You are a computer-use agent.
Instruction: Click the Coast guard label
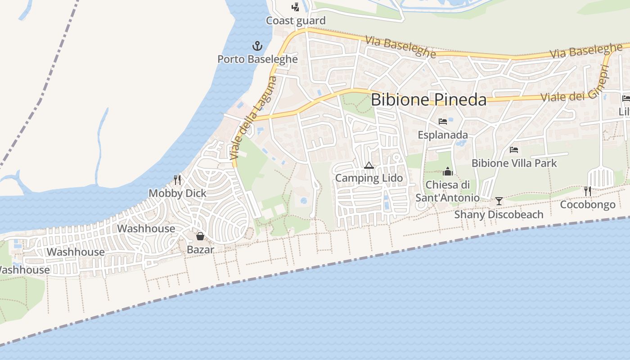[x=296, y=21]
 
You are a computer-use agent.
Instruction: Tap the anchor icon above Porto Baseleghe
[x=257, y=46]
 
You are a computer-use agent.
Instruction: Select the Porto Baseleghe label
[x=257, y=59]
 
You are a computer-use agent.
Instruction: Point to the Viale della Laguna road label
[x=253, y=118]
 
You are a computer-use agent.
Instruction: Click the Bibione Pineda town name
[x=428, y=100]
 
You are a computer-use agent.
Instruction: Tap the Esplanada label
[x=443, y=135]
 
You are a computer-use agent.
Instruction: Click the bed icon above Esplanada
[x=443, y=121]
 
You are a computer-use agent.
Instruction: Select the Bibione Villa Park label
[x=514, y=163]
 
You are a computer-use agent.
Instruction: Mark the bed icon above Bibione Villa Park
[x=514, y=150]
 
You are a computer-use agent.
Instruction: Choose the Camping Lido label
[x=369, y=178]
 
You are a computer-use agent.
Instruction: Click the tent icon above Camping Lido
[x=369, y=165]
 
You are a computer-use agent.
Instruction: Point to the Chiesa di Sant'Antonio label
[x=447, y=191]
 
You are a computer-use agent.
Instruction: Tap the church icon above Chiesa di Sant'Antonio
[x=447, y=171]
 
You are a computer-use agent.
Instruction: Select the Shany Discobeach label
[x=499, y=214]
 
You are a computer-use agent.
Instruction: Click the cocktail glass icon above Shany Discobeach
[x=499, y=201]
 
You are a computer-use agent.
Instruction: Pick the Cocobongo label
[x=588, y=205]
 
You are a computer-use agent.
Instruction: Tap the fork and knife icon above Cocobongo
[x=588, y=191]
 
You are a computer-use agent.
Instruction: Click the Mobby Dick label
[x=177, y=193]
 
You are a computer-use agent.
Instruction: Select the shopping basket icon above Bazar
[x=200, y=236]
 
